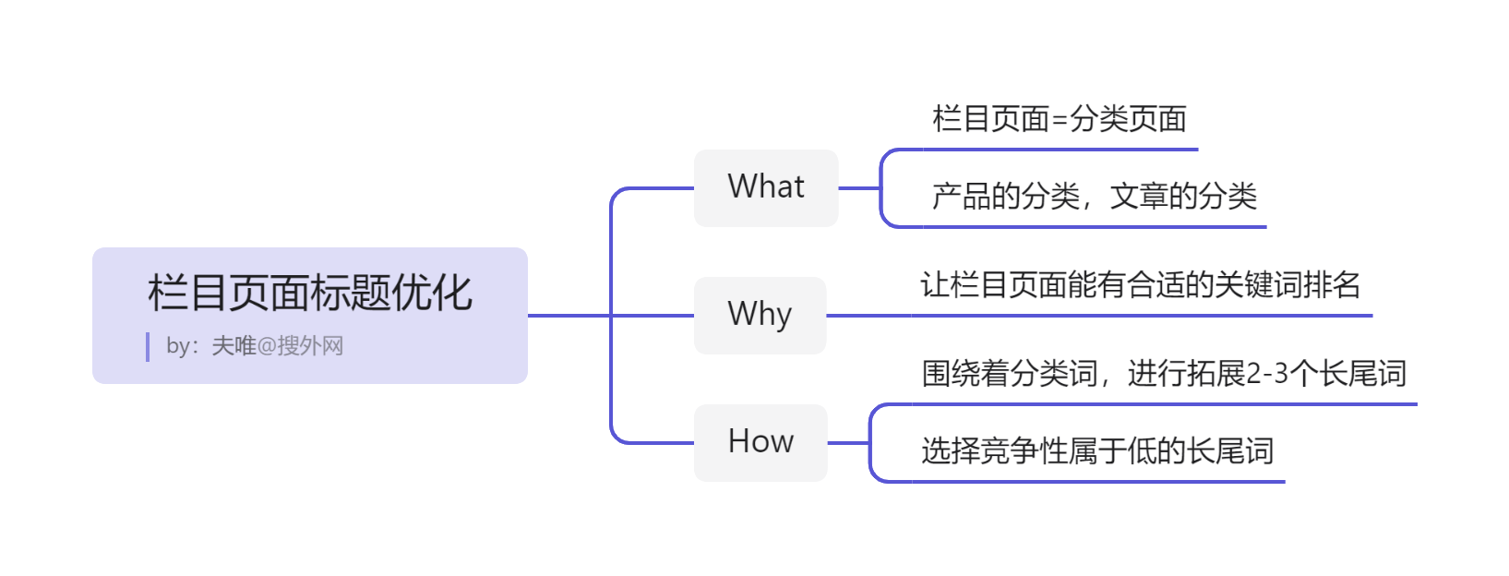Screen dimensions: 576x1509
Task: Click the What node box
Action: [x=766, y=187]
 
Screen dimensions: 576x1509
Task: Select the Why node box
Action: [x=760, y=315]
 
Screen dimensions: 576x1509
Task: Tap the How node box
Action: [x=760, y=442]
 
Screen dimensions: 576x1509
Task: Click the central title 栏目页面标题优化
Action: [x=310, y=293]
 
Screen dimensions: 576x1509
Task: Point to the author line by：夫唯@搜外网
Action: [x=255, y=346]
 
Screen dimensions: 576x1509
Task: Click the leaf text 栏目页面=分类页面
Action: [x=1060, y=119]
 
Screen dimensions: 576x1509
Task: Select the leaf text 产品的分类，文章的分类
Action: [x=1094, y=196]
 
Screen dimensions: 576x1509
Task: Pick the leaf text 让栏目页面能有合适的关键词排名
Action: [x=1141, y=284]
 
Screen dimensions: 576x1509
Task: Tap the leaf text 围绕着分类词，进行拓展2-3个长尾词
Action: [x=1164, y=373]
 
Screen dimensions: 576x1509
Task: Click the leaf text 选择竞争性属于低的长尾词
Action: [x=1097, y=450]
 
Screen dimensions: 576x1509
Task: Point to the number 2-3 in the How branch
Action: [x=1267, y=374]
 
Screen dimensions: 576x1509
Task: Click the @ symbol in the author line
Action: [x=267, y=346]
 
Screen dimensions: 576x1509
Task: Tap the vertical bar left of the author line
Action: [x=148, y=347]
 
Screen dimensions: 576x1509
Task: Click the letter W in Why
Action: [x=741, y=313]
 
